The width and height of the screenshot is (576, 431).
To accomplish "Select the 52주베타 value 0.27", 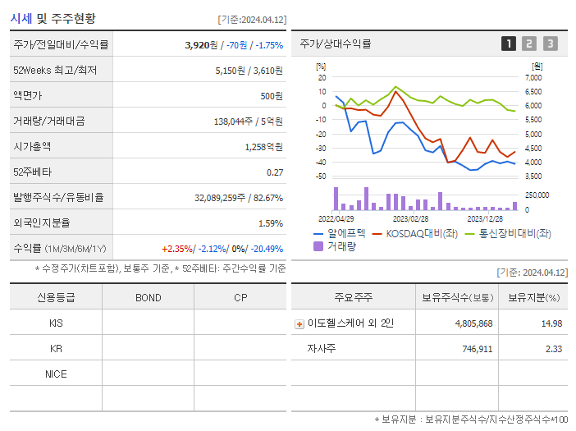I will pos(274,172).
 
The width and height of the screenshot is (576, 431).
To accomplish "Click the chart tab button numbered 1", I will pos(509,44).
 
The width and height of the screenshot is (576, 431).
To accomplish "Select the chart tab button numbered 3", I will pos(550,44).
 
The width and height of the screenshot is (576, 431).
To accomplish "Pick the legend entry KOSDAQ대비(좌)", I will pos(414,233).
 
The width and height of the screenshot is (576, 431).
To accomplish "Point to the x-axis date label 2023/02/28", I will pos(410,219).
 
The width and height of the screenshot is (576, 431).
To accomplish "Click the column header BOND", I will pos(148,297).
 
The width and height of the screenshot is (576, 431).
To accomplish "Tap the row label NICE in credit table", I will pos(56,374).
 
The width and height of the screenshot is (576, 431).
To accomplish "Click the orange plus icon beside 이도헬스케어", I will pos(299,324).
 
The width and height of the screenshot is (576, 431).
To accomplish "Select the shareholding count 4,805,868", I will pos(473,323).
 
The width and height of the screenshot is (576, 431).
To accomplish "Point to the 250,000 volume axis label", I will pos(537,195).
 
